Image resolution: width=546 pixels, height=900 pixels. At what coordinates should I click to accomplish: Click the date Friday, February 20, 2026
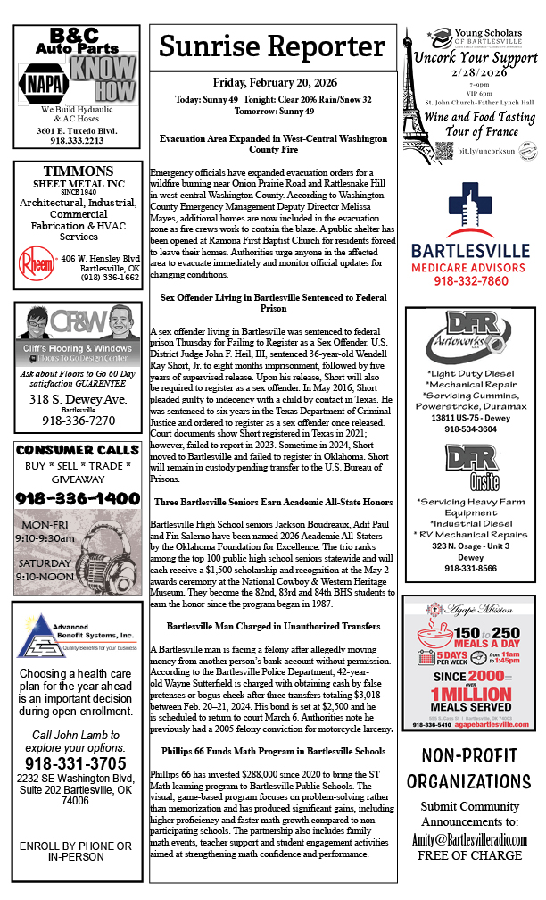pos(272,82)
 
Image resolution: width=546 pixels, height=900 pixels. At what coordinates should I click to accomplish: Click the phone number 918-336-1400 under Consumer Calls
pos(78,498)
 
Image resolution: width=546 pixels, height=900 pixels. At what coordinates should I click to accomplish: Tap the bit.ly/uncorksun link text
pos(483,151)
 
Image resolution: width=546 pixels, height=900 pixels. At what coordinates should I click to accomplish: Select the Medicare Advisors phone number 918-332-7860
pos(469,281)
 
